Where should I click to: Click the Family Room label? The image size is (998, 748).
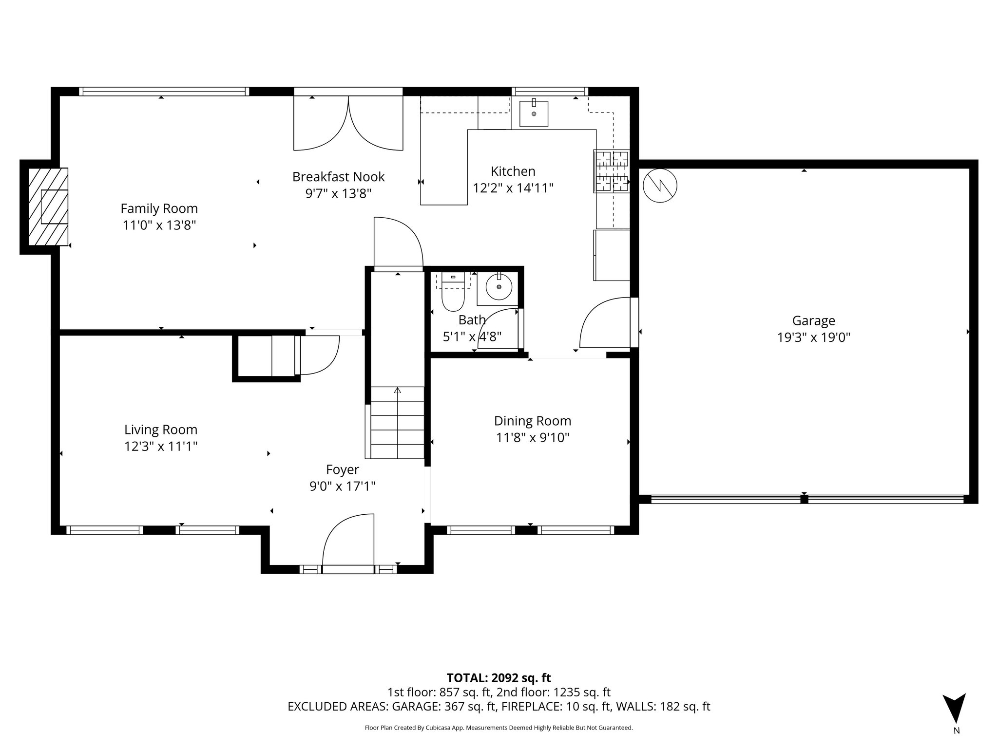[159, 208]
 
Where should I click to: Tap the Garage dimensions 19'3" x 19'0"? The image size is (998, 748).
[813, 337]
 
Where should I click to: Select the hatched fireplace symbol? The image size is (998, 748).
[48, 206]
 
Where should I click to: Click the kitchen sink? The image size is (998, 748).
[534, 113]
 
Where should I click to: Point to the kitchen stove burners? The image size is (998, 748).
[611, 171]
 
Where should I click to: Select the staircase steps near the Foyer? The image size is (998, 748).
[397, 423]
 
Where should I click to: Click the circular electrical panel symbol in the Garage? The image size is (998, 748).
[660, 186]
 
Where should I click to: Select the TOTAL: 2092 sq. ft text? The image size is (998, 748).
[499, 678]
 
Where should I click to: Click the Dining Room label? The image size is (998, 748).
[532, 421]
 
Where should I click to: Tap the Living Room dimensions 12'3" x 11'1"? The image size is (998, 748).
[160, 447]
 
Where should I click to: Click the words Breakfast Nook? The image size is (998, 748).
[338, 177]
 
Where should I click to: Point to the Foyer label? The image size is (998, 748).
[342, 469]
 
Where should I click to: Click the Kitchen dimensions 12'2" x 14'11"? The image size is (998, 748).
[513, 188]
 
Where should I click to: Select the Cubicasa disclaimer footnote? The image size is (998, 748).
[499, 728]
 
